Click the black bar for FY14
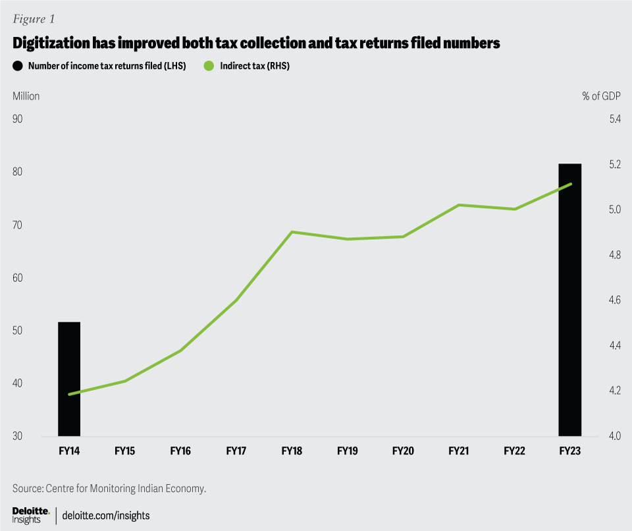[69, 379]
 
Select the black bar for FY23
[570, 300]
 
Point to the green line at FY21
[458, 205]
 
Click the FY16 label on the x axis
[180, 451]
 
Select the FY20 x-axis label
[402, 451]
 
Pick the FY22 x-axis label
[514, 451]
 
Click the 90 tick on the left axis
[18, 119]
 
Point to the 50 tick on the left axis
[18, 331]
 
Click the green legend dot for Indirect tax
[209, 66]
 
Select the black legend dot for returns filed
[18, 66]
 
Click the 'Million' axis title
[26, 96]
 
